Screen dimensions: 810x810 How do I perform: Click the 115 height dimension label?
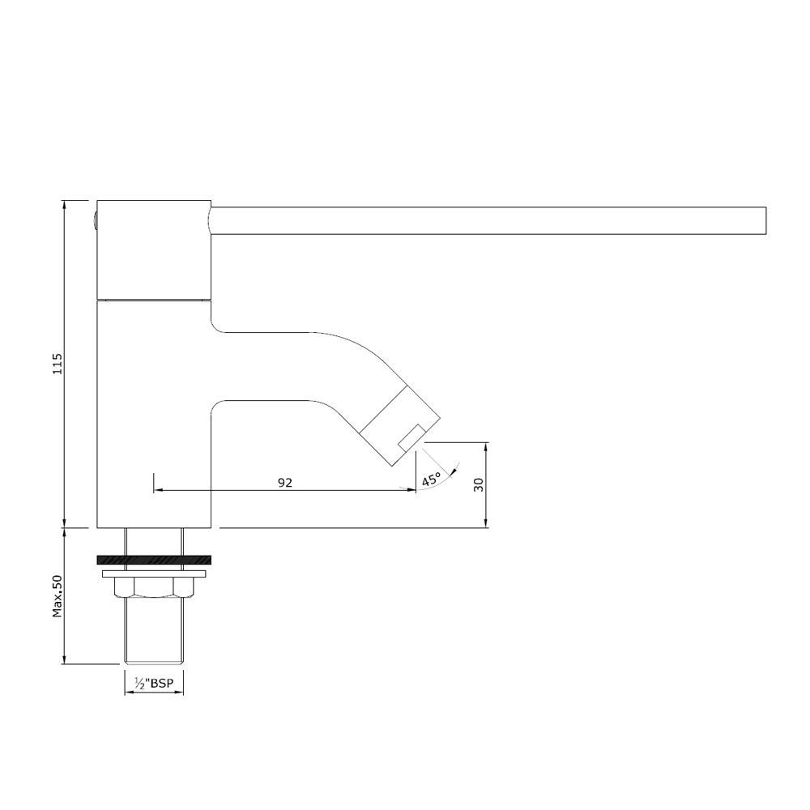pyautogui.click(x=58, y=364)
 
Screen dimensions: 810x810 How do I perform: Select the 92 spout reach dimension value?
pyautogui.click(x=285, y=483)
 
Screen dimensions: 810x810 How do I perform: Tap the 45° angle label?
pyautogui.click(x=431, y=479)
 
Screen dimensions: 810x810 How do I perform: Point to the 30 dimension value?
pyautogui.click(x=479, y=484)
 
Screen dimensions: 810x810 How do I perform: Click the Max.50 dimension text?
pyautogui.click(x=58, y=596)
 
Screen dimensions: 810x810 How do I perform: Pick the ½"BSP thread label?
pyautogui.click(x=153, y=683)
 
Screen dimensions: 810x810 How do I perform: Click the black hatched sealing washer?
pyautogui.click(x=153, y=560)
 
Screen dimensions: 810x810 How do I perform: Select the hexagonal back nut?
pyautogui.click(x=154, y=588)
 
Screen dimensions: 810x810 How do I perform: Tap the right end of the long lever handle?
pyautogui.click(x=765, y=220)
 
